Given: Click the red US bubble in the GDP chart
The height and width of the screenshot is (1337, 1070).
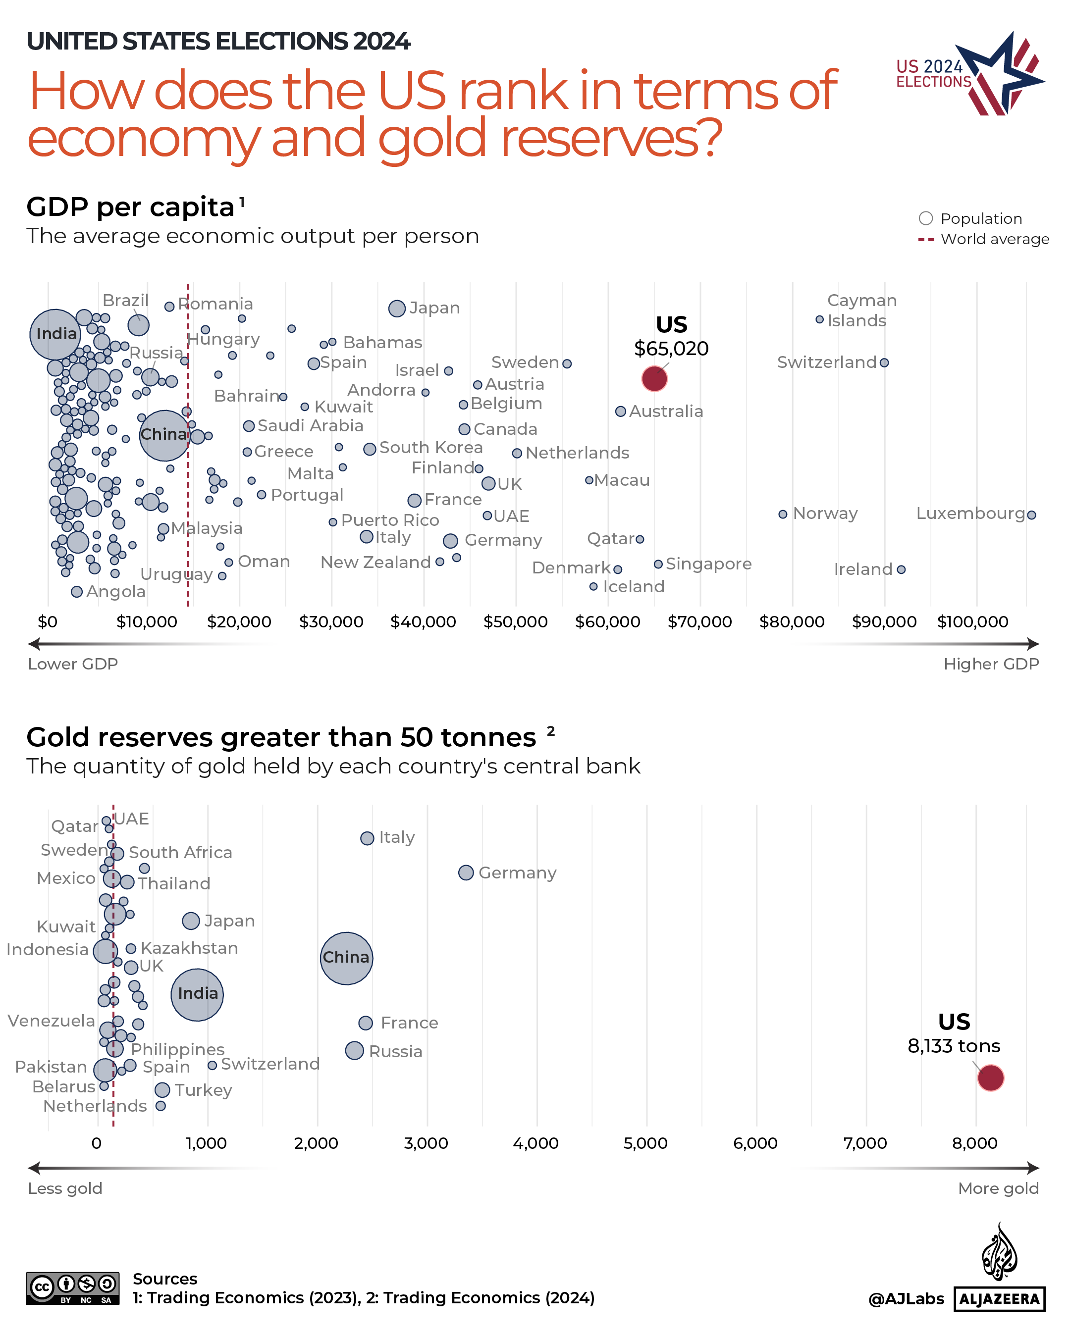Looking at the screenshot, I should pos(654,378).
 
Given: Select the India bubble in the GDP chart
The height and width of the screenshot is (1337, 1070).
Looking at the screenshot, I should pos(55,334).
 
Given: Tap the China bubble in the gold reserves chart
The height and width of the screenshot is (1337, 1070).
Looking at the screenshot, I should pos(346,958).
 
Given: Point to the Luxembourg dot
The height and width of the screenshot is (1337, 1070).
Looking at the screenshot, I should pos(1031,514).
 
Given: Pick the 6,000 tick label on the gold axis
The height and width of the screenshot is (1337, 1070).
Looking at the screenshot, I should pos(755,1143).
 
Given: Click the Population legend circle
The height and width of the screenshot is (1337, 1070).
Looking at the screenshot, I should pos(925,218).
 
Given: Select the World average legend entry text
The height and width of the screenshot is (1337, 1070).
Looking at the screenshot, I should pos(994,239).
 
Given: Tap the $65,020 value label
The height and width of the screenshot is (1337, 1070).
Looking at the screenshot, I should pos(671,349).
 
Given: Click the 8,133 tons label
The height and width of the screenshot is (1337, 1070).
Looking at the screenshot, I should pos(954,1045).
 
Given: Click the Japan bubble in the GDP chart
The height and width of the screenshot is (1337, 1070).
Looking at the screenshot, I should pos(397,308).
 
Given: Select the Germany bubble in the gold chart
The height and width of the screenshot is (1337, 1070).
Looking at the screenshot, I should pos(466,873).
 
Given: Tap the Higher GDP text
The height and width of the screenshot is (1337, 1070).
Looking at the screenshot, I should pos(991,664).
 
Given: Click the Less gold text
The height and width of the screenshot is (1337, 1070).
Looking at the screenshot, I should pos(65,1188).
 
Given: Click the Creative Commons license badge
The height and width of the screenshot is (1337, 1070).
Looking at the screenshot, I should pos(73,1288).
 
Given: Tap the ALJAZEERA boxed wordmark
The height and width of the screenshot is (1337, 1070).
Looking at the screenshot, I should pos(999,1298).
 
